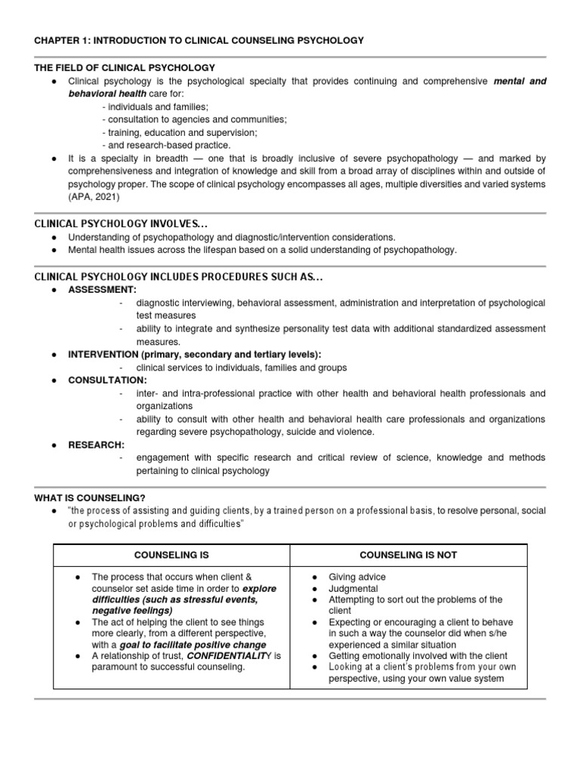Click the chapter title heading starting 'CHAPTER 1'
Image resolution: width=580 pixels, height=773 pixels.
(199, 40)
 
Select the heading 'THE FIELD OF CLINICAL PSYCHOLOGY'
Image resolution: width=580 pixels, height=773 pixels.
(125, 68)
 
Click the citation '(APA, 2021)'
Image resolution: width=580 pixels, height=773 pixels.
(94, 197)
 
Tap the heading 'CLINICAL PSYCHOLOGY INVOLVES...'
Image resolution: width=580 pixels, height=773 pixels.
(117, 224)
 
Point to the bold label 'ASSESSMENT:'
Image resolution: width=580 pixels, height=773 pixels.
(103, 290)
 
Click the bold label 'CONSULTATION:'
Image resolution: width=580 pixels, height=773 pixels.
(108, 380)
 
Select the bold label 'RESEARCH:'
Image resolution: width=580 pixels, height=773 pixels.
(97, 445)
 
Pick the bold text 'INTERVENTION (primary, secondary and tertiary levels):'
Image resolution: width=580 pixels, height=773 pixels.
(195, 354)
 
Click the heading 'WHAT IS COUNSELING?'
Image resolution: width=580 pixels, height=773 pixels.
(90, 497)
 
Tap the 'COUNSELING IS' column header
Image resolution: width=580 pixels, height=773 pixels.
(171, 555)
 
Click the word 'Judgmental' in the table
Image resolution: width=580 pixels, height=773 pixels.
(353, 588)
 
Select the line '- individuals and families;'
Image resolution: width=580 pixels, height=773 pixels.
(155, 107)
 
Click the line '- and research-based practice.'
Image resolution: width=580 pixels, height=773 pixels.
(166, 145)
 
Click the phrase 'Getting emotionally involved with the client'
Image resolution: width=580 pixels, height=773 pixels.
(418, 656)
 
